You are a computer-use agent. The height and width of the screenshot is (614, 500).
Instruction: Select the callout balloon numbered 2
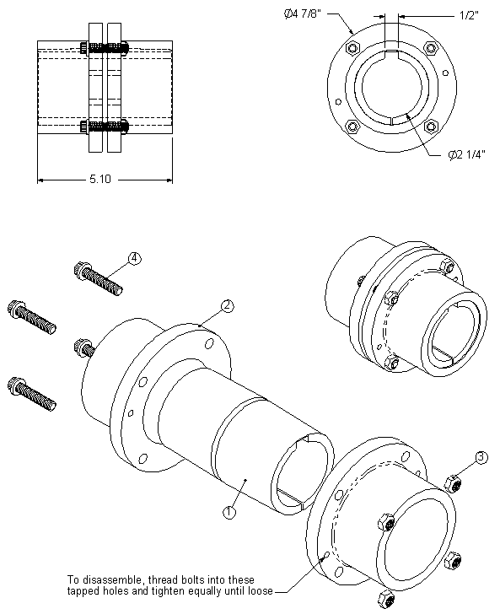[x=226, y=306]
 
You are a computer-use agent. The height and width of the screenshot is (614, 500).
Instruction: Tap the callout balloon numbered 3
[x=481, y=458]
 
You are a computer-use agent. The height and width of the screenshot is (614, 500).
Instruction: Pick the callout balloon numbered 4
[x=134, y=258]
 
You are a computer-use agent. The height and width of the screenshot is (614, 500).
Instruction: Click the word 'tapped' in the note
[x=83, y=591]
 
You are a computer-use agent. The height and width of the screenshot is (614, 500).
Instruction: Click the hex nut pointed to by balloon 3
[x=450, y=482]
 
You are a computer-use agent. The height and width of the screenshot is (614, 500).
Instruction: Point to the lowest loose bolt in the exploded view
[x=33, y=393]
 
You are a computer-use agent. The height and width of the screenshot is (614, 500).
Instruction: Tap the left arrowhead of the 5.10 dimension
[x=40, y=180]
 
